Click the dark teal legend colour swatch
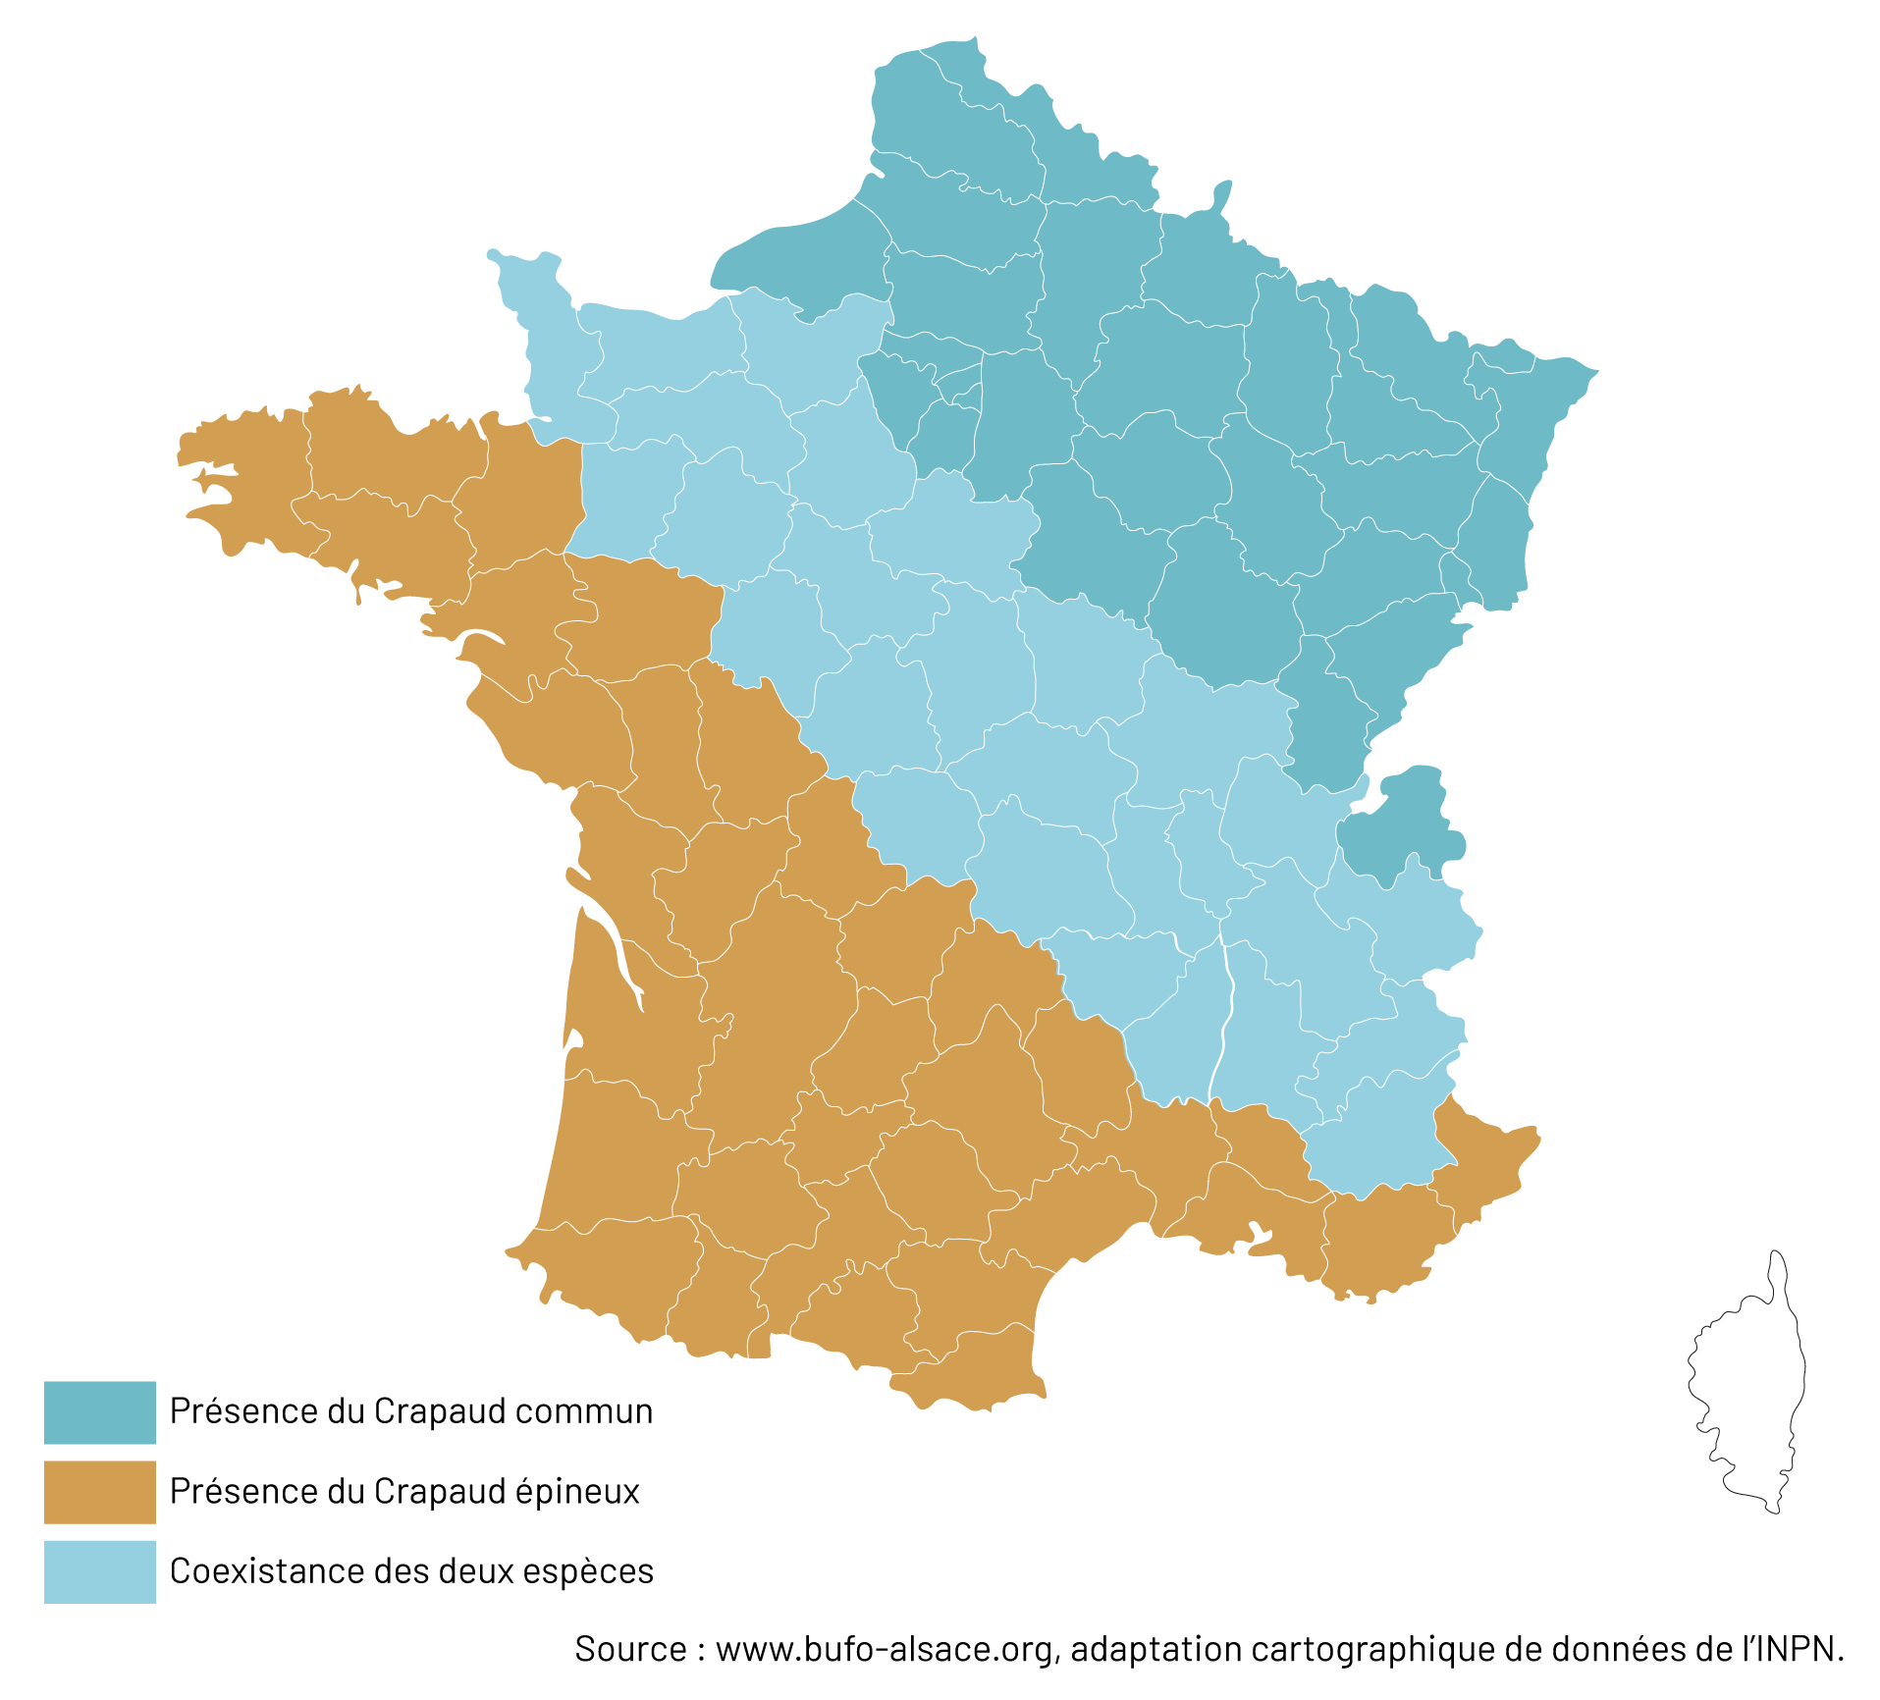click(x=99, y=1411)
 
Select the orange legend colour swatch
click(x=99, y=1491)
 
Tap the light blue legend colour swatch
click(x=99, y=1571)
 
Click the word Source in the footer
click(x=630, y=1649)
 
